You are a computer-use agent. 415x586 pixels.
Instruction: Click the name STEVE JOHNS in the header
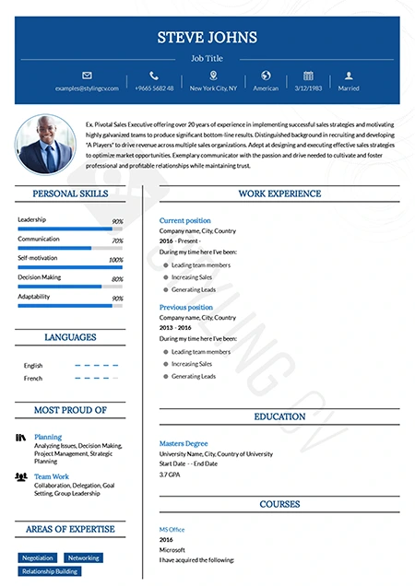point(207,38)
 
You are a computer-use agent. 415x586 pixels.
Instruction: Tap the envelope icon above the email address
point(88,75)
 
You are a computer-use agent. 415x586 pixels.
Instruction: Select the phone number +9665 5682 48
point(154,88)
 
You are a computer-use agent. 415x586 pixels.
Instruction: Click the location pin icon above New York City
point(214,75)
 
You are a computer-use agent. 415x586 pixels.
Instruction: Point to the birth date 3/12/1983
point(308,88)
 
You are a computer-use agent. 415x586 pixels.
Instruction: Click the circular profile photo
point(45,144)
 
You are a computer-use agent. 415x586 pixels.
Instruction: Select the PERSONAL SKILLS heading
point(70,194)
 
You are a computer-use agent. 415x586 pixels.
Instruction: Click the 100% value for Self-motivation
point(116,261)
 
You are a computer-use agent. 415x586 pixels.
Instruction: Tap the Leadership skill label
point(31,219)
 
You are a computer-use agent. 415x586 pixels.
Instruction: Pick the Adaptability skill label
point(34,297)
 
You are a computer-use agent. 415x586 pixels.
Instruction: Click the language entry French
point(33,379)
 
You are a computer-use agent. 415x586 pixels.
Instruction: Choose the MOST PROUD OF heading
point(70,410)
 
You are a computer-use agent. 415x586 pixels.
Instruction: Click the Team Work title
point(52,476)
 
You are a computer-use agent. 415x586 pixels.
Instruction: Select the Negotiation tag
point(38,557)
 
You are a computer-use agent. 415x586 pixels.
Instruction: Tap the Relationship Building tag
point(50,571)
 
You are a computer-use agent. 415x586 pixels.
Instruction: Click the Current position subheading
point(184,221)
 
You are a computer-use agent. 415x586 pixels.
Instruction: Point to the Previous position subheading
point(185,307)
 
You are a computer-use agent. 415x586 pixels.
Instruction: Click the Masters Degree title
point(184,443)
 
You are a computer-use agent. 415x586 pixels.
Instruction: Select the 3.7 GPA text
point(170,475)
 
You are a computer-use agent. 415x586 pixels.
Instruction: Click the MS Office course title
point(172,529)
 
